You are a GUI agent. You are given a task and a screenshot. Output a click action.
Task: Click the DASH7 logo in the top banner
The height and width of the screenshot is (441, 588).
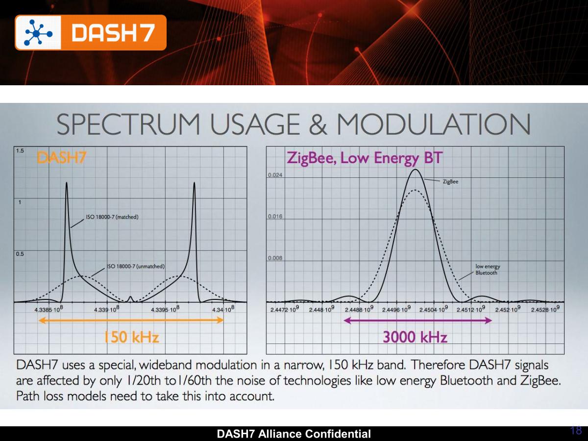coord(91,32)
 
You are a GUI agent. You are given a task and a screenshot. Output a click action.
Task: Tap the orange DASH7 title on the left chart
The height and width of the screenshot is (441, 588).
coord(63,158)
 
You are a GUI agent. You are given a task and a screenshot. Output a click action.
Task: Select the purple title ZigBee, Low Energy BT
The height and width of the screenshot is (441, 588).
coord(365,158)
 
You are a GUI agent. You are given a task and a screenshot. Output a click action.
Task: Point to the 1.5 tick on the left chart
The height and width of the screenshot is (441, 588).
coord(20,151)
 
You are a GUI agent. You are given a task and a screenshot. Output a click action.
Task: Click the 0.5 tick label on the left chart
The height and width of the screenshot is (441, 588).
coord(20,254)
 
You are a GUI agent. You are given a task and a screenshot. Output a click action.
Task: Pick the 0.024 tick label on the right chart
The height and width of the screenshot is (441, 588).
coord(275,174)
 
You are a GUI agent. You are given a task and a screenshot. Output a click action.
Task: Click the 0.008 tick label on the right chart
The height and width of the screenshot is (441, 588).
coord(275,258)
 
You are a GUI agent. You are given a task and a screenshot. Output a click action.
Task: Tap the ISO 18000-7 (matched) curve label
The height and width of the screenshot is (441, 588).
coord(112,217)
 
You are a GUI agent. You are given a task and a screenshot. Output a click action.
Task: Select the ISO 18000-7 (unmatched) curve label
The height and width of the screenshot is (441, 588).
coord(135,267)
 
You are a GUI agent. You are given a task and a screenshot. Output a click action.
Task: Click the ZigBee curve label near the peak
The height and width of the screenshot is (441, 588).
coord(450,181)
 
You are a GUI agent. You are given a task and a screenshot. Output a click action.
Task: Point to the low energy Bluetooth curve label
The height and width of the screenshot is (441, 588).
coord(488,269)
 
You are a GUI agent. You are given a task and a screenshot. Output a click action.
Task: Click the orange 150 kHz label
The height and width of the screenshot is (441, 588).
coord(131,337)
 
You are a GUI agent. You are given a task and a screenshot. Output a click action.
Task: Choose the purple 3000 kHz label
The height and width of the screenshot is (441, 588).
coord(415,337)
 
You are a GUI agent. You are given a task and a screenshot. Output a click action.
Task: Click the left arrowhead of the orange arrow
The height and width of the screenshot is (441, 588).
coord(41,320)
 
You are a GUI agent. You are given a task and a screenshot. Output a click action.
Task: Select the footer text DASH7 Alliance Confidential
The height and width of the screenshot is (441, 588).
coord(294,434)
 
